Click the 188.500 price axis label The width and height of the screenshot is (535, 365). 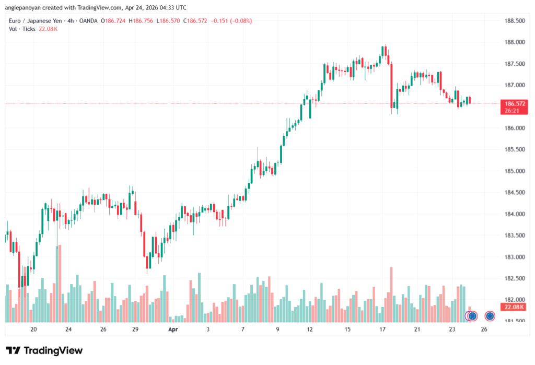[514, 21]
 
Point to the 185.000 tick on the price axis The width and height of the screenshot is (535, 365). [514, 171]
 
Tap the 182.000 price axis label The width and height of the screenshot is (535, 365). [514, 300]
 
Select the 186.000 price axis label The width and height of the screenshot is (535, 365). [514, 128]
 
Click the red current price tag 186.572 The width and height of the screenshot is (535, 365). [514, 103]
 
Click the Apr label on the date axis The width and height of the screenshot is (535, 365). [173, 329]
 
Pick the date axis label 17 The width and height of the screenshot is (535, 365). [382, 329]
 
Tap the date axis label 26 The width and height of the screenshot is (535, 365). [484, 329]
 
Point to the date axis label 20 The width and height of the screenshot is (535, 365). [33, 329]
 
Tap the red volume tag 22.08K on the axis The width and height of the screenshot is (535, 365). [514, 307]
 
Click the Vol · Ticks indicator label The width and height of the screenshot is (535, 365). [22, 29]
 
